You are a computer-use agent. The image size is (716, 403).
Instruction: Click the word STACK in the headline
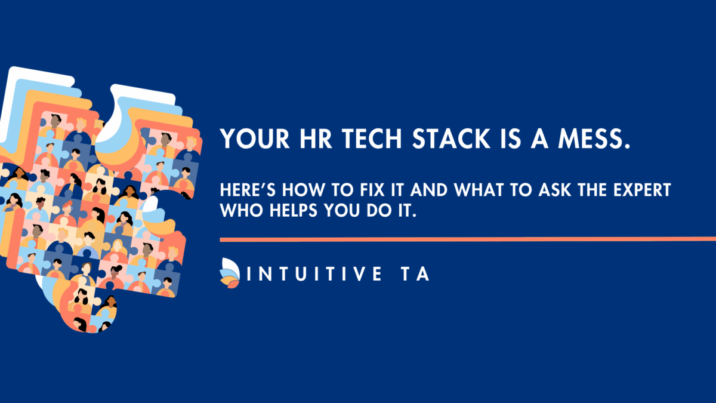coord(451,139)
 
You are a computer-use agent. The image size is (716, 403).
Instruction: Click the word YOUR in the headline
coord(255,139)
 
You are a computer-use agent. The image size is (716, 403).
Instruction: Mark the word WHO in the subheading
coord(241,210)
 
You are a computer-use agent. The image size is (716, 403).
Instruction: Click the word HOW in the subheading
coord(303,190)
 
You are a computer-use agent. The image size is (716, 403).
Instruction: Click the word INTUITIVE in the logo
coord(314,274)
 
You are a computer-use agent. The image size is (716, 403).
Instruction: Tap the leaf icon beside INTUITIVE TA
coord(230,273)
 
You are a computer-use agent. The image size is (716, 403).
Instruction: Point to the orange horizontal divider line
coord(468,239)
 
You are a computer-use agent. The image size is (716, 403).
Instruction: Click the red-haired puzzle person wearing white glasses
coord(67,210)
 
